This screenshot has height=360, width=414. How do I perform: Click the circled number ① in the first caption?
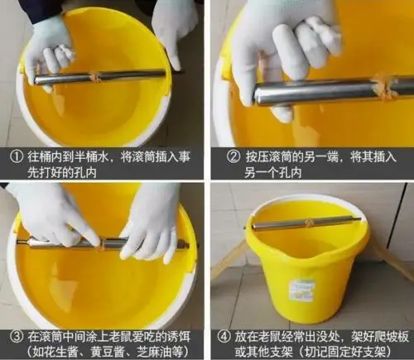tap(14, 155)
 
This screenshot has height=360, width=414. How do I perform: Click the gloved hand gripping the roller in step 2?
tap(277, 50)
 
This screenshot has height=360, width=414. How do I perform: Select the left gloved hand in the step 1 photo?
tap(48, 50)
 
